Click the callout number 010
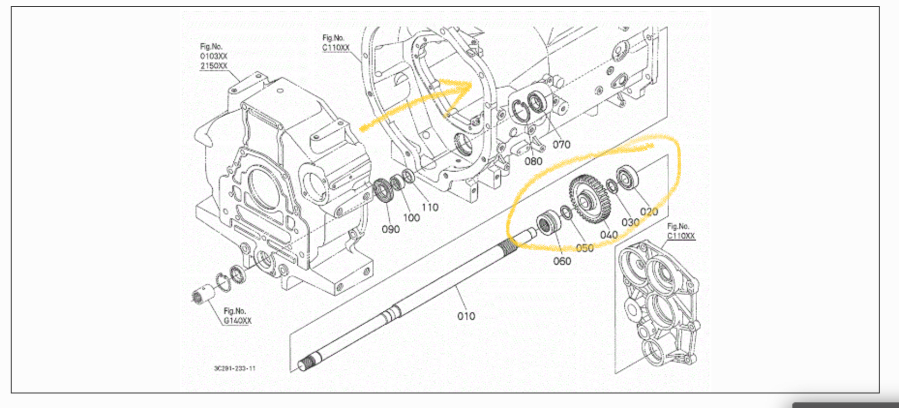coord(466,316)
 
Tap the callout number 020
coord(649,212)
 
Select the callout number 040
coord(609,235)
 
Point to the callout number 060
coord(562,261)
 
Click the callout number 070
coord(561,144)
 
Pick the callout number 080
coord(533,161)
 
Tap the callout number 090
coord(390,229)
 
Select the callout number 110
coord(430,208)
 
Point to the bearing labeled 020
coord(627,177)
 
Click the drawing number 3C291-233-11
coord(235,368)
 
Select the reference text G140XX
coord(237,321)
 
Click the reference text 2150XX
coord(213,66)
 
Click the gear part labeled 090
coord(383,190)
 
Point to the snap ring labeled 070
coord(520,111)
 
